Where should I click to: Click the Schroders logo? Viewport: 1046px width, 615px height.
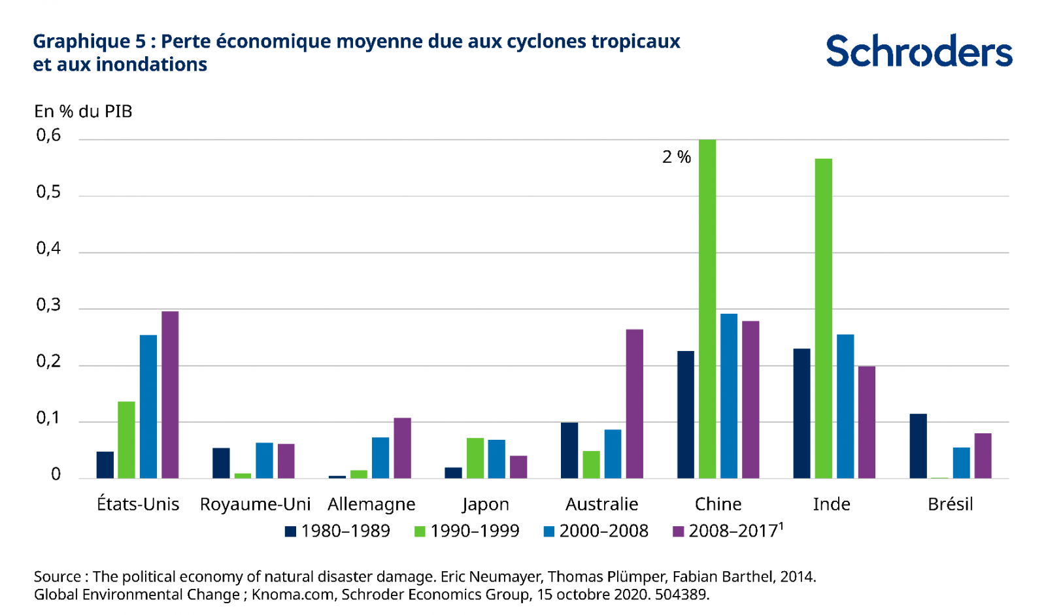919,51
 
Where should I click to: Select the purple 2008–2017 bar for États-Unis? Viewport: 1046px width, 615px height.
170,395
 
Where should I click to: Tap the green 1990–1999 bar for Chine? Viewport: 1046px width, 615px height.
707,308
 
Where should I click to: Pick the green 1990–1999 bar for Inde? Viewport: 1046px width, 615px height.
824,318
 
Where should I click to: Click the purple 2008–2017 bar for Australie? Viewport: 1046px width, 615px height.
634,404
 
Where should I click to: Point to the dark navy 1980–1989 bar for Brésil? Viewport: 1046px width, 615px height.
918,446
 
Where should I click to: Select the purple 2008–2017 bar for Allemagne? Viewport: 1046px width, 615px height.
402,448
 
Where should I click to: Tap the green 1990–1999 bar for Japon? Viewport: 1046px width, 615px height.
475,458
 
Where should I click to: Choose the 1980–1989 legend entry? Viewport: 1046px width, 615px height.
337,531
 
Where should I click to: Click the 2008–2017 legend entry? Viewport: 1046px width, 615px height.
727,531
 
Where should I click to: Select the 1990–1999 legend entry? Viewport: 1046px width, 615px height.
467,531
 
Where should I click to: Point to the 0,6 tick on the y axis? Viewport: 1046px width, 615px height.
48,135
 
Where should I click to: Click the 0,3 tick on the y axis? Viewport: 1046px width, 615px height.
48,305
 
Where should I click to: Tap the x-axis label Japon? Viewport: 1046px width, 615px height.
486,504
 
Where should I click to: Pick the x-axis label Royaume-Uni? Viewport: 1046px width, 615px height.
255,504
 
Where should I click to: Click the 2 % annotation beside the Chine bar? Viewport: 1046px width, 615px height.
677,157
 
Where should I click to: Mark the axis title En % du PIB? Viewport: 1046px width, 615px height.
83,111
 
